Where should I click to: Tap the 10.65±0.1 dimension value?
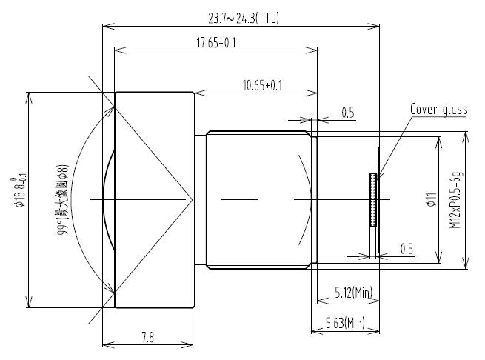[x=262, y=86]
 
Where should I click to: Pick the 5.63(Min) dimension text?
[x=345, y=323]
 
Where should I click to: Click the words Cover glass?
[x=439, y=110]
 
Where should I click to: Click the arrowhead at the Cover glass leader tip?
[x=377, y=176]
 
